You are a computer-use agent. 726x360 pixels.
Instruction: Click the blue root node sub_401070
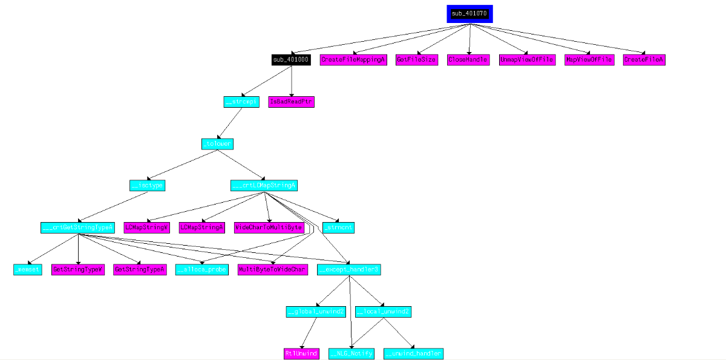tap(469, 13)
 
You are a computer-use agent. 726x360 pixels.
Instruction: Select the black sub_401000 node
tap(291, 60)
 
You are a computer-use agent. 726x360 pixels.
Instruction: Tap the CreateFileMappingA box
tap(353, 60)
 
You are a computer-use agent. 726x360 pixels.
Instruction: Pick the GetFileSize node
tap(416, 60)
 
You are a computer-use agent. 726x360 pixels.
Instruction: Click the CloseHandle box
tap(468, 60)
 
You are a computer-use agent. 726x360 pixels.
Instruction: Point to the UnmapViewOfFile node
tap(526, 60)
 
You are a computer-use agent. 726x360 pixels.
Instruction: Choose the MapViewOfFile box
tap(589, 60)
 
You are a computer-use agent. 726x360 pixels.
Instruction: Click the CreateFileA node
tap(644, 60)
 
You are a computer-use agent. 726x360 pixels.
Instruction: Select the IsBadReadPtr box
tap(292, 102)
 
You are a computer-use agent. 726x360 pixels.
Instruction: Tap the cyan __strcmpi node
tap(241, 102)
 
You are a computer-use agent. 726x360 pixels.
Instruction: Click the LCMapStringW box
tap(146, 227)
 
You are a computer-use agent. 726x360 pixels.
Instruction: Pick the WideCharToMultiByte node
tap(269, 227)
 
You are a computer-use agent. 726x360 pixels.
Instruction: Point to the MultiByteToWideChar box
tap(273, 269)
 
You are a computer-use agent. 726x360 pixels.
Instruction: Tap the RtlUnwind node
tap(301, 353)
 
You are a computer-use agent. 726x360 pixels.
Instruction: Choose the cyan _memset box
tap(28, 269)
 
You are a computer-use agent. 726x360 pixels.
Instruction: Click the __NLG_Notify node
tap(352, 353)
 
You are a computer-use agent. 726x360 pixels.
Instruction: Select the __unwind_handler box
tap(414, 353)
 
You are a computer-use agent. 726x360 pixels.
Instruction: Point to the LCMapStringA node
tap(202, 227)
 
